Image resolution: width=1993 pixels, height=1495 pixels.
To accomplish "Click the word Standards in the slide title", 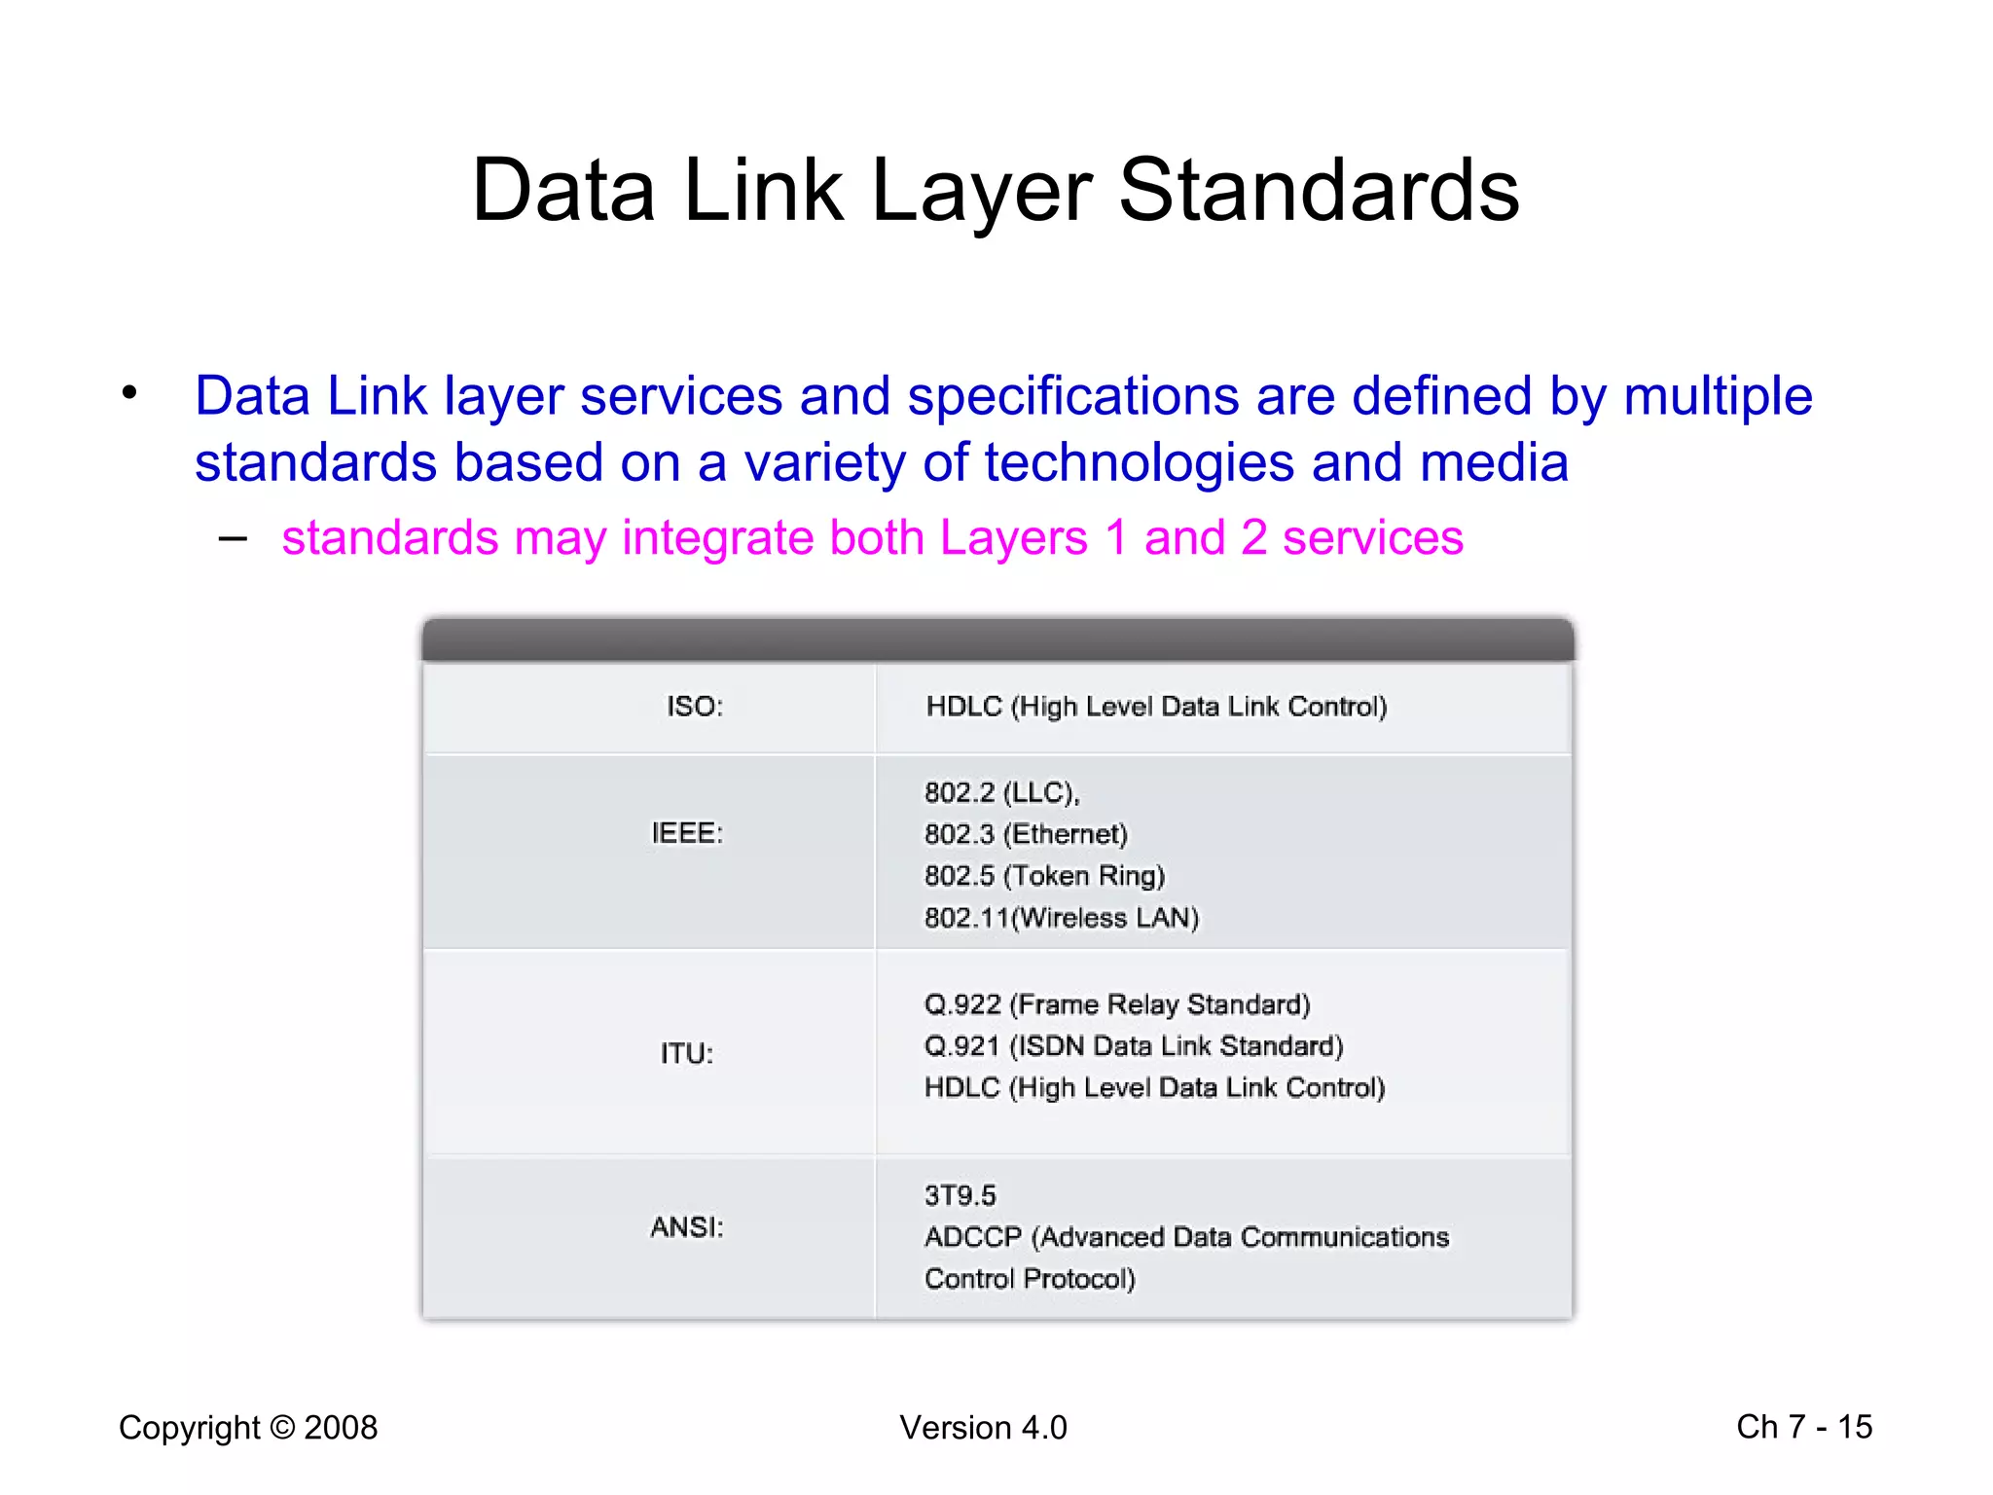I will point(1319,191).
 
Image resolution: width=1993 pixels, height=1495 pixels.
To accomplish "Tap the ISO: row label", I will point(695,707).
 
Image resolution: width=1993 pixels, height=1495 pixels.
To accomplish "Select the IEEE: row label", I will point(687,833).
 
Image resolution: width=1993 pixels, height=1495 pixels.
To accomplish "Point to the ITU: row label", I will point(687,1053).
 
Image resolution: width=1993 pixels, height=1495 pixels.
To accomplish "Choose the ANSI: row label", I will point(687,1227).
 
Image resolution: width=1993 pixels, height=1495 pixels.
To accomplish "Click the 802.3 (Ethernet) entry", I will point(1026,834).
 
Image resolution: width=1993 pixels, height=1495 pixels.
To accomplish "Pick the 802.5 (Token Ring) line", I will point(1044,876).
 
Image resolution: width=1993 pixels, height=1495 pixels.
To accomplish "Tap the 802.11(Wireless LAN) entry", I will point(1062,918).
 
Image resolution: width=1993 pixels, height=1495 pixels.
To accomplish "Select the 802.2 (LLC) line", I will point(1001,792).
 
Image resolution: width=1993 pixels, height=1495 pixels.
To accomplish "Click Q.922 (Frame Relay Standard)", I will point(1117,1003).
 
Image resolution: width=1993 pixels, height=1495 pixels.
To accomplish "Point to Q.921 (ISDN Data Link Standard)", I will point(1134,1045).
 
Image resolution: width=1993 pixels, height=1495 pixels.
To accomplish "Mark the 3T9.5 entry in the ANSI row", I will point(960,1195).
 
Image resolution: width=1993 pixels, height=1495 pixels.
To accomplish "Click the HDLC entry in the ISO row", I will point(1156,707).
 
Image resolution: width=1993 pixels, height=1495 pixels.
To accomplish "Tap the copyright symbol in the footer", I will point(282,1428).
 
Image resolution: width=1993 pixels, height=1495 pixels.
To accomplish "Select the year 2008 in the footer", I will point(341,1428).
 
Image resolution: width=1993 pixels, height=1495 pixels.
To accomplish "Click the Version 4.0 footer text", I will point(983,1428).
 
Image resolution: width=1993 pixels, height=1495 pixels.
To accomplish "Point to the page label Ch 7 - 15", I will point(1804,1427).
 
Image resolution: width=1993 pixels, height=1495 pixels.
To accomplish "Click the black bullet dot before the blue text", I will point(129,394).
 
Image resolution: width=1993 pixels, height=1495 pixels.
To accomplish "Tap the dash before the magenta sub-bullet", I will point(234,537).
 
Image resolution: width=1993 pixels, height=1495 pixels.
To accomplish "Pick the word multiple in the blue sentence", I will point(1718,397).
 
